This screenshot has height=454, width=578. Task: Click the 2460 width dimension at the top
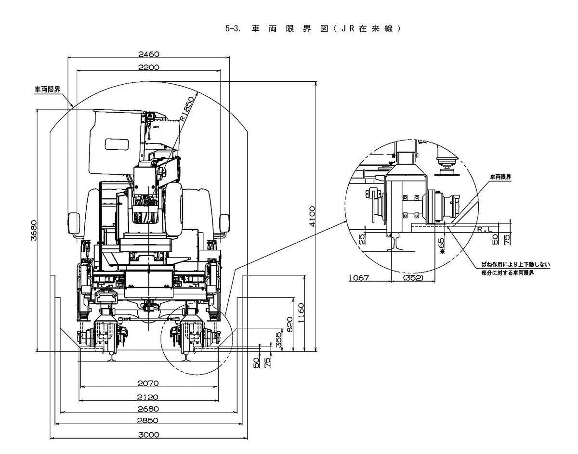point(149,54)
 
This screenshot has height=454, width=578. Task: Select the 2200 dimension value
point(149,67)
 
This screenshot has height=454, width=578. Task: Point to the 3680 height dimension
point(34,230)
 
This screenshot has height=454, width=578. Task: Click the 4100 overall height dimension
point(312,216)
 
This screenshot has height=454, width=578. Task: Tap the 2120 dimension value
point(147,397)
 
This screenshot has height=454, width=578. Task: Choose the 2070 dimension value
point(148,384)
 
